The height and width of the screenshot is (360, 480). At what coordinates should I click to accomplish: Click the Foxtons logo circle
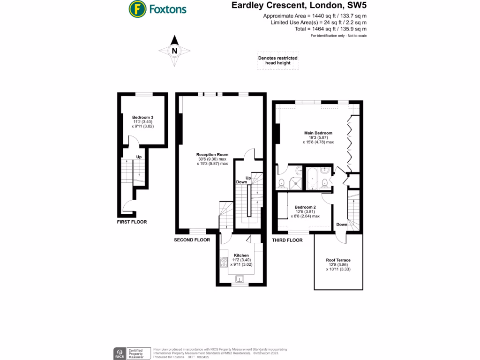(x=137, y=8)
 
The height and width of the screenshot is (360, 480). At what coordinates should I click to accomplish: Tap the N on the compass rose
(x=174, y=51)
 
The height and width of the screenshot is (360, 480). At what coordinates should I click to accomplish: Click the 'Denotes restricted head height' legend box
(x=278, y=60)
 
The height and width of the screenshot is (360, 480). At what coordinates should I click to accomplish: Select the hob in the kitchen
(x=223, y=262)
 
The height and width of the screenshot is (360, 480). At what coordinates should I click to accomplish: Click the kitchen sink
(x=241, y=280)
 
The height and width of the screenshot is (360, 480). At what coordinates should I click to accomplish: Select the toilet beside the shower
(x=282, y=182)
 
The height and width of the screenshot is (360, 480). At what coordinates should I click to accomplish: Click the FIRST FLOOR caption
(x=132, y=222)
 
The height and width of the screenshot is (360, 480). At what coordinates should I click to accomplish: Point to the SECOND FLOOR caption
(x=192, y=240)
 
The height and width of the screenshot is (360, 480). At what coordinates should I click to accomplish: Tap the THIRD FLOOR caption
(x=287, y=240)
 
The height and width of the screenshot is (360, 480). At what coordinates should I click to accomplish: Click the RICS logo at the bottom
(x=120, y=352)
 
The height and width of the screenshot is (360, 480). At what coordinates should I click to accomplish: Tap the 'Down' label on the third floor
(x=342, y=225)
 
